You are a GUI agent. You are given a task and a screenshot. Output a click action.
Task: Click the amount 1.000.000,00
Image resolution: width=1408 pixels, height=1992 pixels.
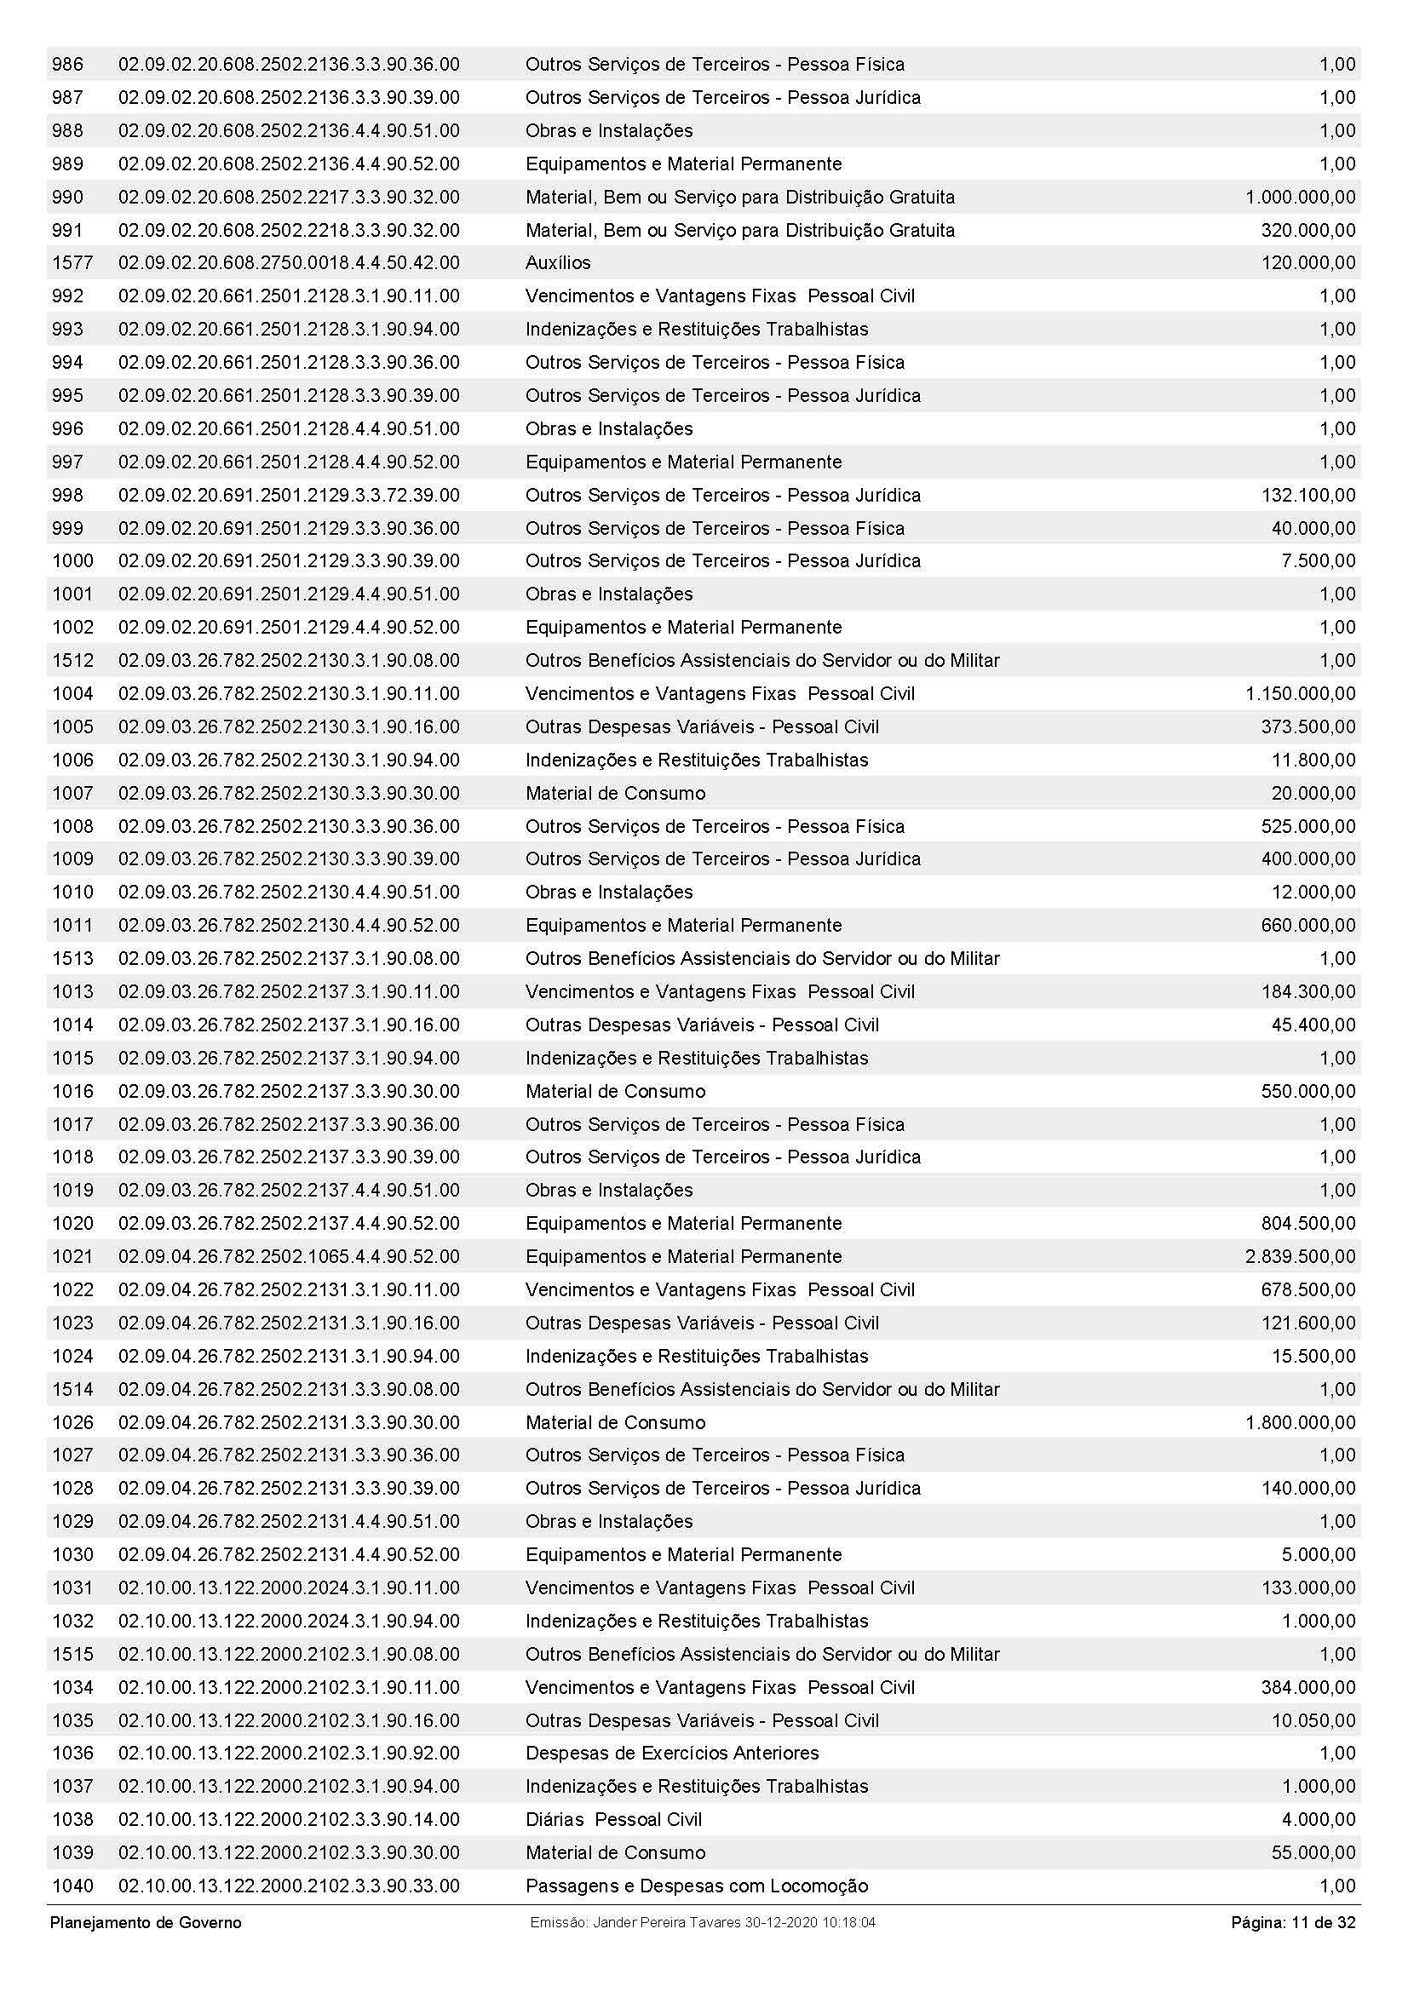coord(1300,197)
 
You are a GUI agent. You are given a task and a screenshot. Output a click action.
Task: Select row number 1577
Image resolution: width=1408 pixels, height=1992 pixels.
coord(72,263)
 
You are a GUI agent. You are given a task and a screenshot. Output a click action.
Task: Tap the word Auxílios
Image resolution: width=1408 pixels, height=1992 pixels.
coord(558,263)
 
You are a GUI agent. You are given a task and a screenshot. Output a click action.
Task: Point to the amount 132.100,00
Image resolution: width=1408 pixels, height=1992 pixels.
coord(1307,496)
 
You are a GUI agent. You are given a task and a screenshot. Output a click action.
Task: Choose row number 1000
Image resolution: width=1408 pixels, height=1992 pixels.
coord(72,561)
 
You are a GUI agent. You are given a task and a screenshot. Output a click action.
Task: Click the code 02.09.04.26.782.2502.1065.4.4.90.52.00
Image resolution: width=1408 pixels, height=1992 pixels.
coord(289,1256)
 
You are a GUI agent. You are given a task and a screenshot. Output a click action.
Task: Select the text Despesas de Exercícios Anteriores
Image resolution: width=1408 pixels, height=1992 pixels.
coord(671,1754)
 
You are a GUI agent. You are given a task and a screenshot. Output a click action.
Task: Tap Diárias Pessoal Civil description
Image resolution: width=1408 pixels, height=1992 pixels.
coord(613,1819)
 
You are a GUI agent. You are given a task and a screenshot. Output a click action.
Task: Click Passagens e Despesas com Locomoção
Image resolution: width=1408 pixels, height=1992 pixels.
coord(696,1886)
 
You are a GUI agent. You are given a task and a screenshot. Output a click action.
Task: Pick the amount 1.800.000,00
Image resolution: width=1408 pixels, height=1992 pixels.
coord(1300,1423)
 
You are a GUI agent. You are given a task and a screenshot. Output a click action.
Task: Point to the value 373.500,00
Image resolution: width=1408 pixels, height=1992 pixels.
coord(1307,727)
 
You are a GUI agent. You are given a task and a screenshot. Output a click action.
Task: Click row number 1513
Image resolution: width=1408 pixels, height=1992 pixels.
coord(72,959)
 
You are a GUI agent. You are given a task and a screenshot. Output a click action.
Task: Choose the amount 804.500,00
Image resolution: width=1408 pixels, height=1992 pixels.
coord(1307,1223)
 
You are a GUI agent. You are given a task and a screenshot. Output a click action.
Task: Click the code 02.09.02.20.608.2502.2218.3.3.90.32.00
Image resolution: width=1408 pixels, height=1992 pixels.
coord(289,230)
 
